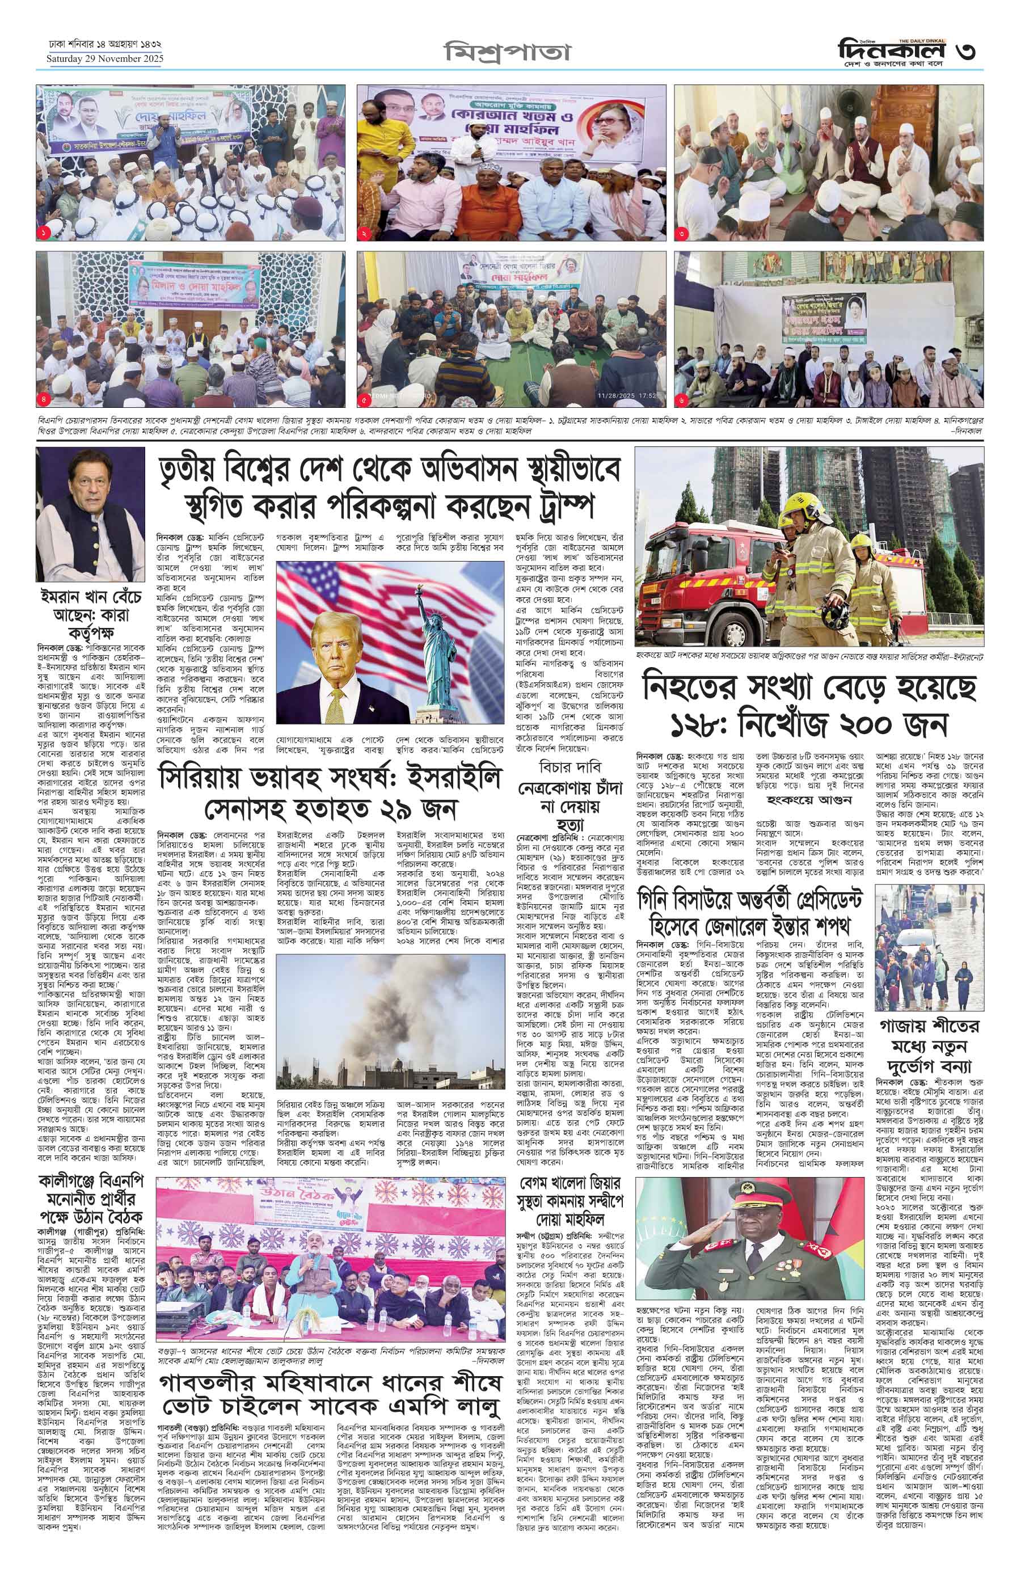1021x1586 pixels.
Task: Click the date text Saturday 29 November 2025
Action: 104,58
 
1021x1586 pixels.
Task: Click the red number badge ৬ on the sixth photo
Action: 684,400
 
